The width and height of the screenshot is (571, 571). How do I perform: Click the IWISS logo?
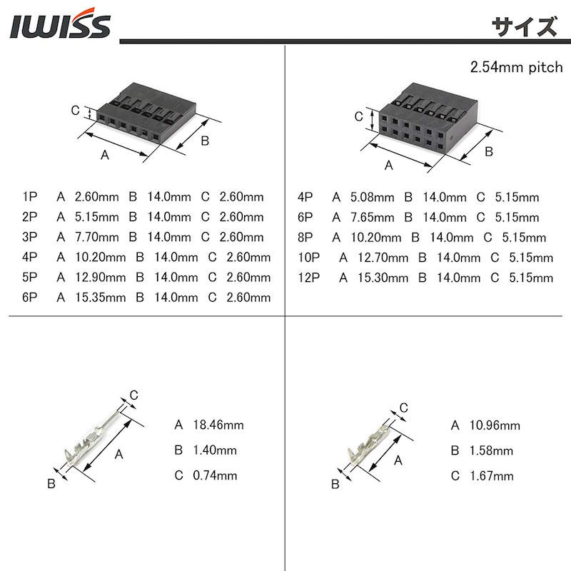tap(60, 24)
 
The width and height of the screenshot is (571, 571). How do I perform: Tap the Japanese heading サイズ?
tap(525, 26)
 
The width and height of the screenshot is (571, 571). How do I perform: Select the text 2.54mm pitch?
tap(516, 67)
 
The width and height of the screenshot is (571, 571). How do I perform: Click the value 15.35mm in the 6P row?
tap(100, 298)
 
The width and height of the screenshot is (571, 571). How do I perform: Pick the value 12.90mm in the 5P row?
tap(100, 278)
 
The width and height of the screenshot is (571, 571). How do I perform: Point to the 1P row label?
tap(29, 197)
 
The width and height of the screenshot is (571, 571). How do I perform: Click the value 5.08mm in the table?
tap(372, 198)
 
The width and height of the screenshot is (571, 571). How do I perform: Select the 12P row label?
tap(309, 278)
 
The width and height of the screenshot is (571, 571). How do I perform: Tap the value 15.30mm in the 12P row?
tap(383, 278)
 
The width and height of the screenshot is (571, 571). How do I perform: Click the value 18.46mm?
tap(218, 425)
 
